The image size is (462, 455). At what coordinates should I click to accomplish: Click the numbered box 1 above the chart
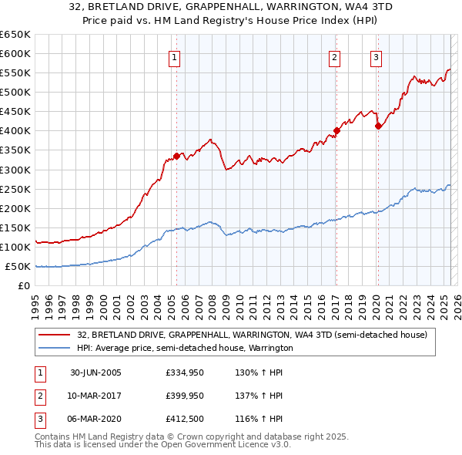click(175, 56)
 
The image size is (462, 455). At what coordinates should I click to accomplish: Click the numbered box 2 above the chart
click(335, 56)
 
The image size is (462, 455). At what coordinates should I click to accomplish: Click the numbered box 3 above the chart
click(377, 56)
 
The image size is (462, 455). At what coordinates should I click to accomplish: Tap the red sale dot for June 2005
click(176, 156)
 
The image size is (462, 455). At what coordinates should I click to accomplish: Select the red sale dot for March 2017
click(336, 130)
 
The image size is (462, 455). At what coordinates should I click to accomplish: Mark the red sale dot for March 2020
click(378, 126)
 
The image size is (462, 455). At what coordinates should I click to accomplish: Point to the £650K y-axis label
click(15, 35)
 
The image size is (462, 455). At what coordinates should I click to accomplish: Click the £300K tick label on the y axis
click(15, 170)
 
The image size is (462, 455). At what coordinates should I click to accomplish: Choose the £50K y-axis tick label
click(18, 267)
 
